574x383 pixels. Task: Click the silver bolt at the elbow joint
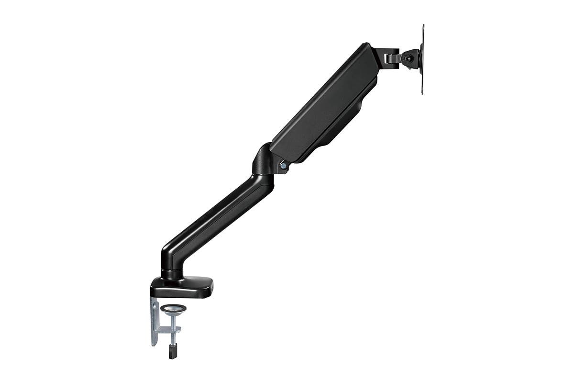coord(283,166)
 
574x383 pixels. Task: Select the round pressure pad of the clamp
coord(173,309)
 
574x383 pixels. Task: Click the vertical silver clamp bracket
coord(154,321)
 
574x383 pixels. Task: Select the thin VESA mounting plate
coord(422,59)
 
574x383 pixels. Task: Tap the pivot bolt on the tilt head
coord(408,58)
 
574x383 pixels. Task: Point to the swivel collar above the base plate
coord(172,274)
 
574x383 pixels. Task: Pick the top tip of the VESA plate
coord(423,27)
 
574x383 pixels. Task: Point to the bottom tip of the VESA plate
coord(422,92)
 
